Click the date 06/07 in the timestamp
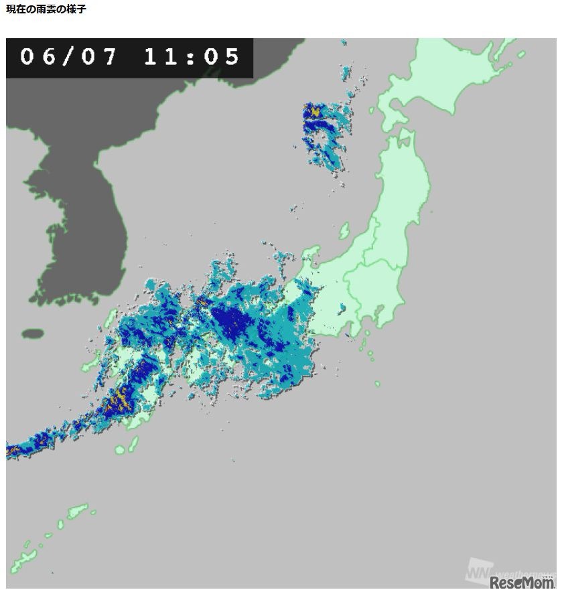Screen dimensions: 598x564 [68, 57]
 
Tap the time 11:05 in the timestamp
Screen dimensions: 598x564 [192, 57]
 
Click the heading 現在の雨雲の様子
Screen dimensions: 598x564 [46, 9]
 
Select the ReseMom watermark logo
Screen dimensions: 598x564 [522, 583]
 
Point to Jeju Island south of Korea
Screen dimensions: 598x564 [32, 333]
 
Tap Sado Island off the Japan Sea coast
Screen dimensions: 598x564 [344, 230]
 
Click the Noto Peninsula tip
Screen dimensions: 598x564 [309, 254]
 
